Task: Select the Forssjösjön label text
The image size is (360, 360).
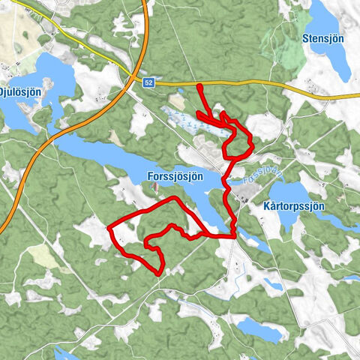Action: pos(171,176)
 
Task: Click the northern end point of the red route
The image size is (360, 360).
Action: pos(199,88)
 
